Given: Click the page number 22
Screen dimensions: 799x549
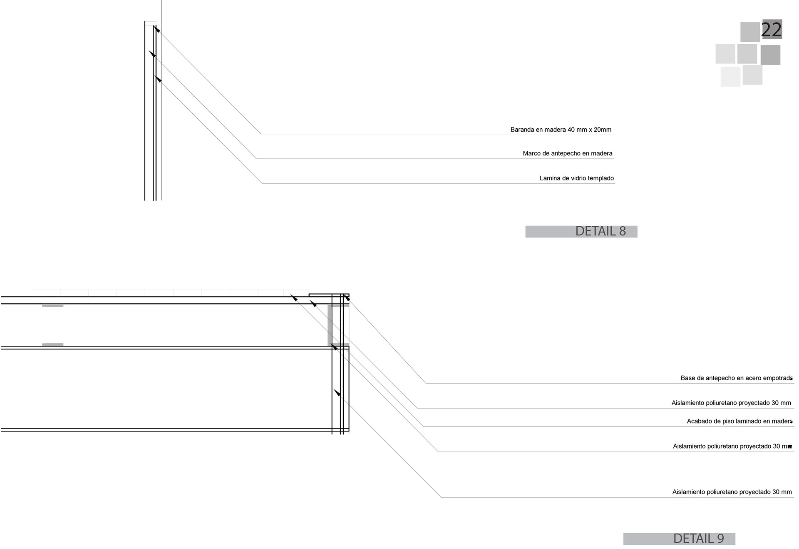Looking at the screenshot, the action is tap(771, 30).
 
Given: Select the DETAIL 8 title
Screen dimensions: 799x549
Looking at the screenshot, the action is tap(600, 231).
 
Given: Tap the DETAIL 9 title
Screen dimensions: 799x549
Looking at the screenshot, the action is tap(698, 539).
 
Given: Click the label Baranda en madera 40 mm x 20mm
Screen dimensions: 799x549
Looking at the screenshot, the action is tap(561, 130).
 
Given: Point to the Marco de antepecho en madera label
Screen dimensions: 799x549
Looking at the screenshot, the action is tap(567, 153).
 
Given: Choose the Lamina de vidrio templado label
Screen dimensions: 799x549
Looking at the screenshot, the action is tap(576, 178).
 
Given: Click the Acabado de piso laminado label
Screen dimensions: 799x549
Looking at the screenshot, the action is tap(739, 421).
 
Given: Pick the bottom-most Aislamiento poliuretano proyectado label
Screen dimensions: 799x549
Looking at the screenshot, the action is tap(732, 492).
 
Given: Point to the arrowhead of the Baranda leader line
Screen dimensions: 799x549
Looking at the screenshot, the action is tap(157, 29).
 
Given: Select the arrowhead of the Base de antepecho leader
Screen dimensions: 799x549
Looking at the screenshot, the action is tap(347, 297).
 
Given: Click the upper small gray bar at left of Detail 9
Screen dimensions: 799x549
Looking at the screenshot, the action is tap(53, 305).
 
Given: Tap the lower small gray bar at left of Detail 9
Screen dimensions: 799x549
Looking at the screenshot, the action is tap(53, 344).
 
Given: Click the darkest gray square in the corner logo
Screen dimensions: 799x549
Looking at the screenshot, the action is tap(770, 55).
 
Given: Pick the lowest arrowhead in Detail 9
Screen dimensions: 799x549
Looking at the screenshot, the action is tap(337, 392).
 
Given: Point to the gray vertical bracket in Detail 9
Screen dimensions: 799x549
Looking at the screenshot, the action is tap(330, 325).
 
